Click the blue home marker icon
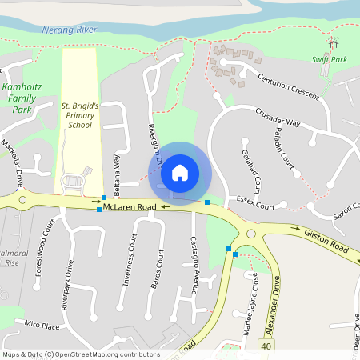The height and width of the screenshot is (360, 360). click(x=180, y=172)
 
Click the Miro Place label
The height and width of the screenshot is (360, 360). click(x=42, y=326)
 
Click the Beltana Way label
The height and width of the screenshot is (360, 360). click(x=117, y=174)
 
